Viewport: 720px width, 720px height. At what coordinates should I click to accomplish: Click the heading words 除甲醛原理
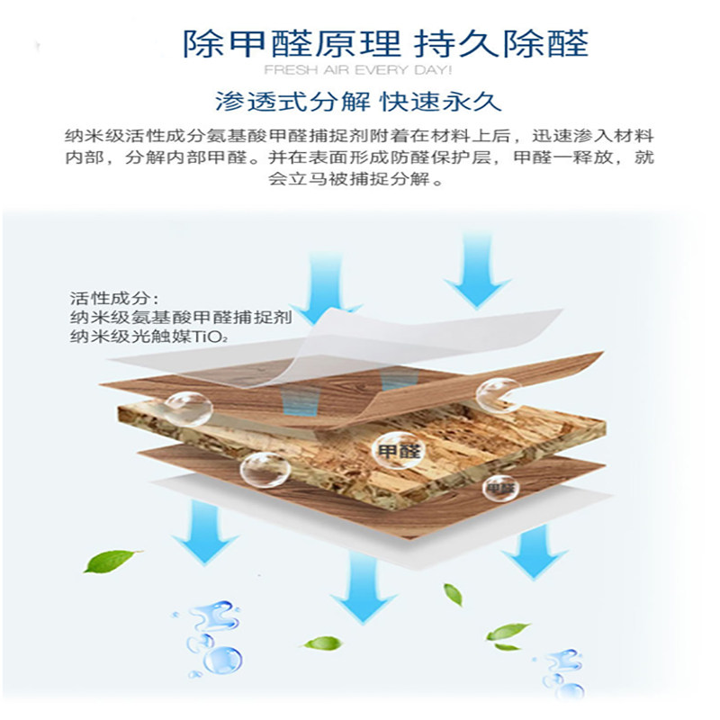point(292,43)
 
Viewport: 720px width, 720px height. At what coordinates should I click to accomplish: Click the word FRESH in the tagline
point(291,70)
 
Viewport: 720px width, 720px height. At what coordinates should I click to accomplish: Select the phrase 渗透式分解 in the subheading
point(292,101)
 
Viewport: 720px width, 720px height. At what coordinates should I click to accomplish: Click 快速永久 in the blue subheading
point(441,101)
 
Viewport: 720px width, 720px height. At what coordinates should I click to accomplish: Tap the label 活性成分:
point(115,299)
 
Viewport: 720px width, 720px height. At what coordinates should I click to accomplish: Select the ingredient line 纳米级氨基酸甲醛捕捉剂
point(181,318)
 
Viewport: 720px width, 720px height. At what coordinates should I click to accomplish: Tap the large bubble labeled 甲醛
point(398,450)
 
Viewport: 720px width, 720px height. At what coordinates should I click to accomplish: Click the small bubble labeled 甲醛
point(500,488)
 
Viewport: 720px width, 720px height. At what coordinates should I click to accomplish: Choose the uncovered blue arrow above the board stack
point(477,271)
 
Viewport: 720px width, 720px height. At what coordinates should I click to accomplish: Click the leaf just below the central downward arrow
point(324,643)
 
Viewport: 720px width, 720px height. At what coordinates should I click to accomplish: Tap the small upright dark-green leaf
point(454,595)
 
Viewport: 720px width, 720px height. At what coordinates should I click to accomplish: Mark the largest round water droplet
point(222,661)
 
